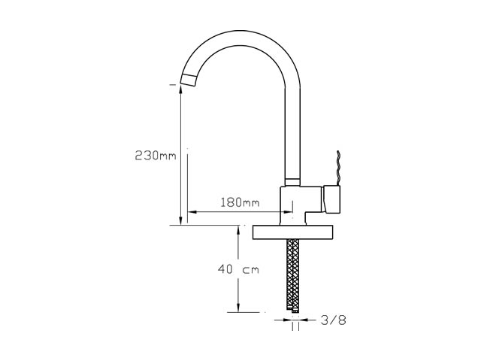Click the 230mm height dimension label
[156, 156]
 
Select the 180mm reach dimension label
[240, 202]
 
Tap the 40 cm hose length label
[238, 269]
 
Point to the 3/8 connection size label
[334, 320]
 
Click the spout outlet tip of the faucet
[188, 80]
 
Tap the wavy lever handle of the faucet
[338, 168]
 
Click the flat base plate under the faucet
[292, 232]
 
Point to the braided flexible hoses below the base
[292, 274]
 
